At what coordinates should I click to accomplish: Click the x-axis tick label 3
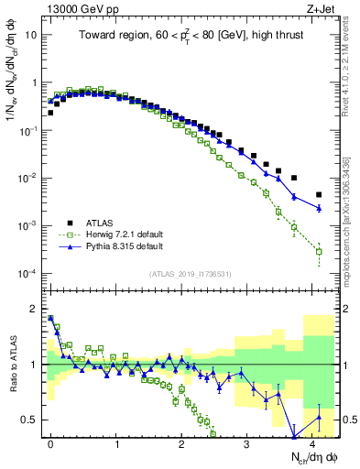pos(247,442)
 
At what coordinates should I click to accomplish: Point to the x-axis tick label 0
pos(50,442)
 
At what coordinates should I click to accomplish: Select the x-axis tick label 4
pos(312,442)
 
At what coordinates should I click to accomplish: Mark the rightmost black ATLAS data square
pos(319,194)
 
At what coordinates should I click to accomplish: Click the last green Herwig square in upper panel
pos(319,251)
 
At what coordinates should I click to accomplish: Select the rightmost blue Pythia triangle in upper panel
pos(319,208)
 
